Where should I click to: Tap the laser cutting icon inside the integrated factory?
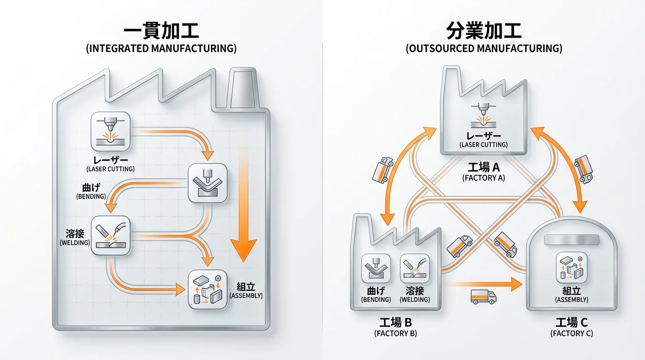tap(111, 130)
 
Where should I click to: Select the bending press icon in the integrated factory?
tap(207, 183)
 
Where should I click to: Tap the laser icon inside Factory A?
tap(483, 116)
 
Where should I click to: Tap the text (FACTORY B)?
tap(396, 333)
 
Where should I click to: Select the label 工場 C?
tap(571, 322)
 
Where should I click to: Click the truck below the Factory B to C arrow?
tap(483, 296)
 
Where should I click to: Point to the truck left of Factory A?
tap(382, 170)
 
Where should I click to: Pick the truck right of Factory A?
tap(584, 169)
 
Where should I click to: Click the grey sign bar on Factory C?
tap(571, 240)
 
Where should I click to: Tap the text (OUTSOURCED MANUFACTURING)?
tap(484, 48)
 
